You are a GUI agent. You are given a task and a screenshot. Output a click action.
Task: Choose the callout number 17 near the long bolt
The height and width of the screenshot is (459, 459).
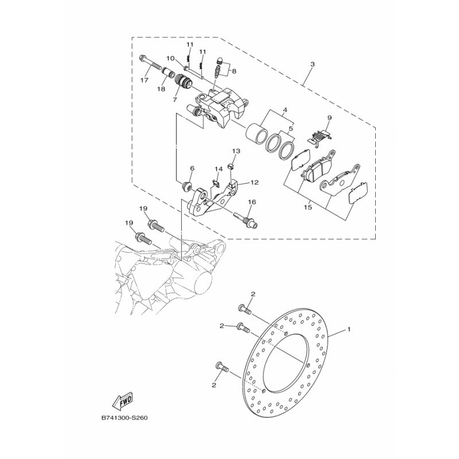tap(192, 168)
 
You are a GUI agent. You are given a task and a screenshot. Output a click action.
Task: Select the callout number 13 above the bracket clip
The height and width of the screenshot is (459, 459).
tap(236, 151)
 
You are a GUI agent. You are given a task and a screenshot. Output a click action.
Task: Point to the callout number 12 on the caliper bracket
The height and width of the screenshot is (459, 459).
tap(255, 183)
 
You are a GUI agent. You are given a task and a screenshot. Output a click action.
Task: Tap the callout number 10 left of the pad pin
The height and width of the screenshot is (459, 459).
tap(170, 58)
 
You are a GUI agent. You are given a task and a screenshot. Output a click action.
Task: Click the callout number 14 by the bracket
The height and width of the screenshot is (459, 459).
tap(218, 169)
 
